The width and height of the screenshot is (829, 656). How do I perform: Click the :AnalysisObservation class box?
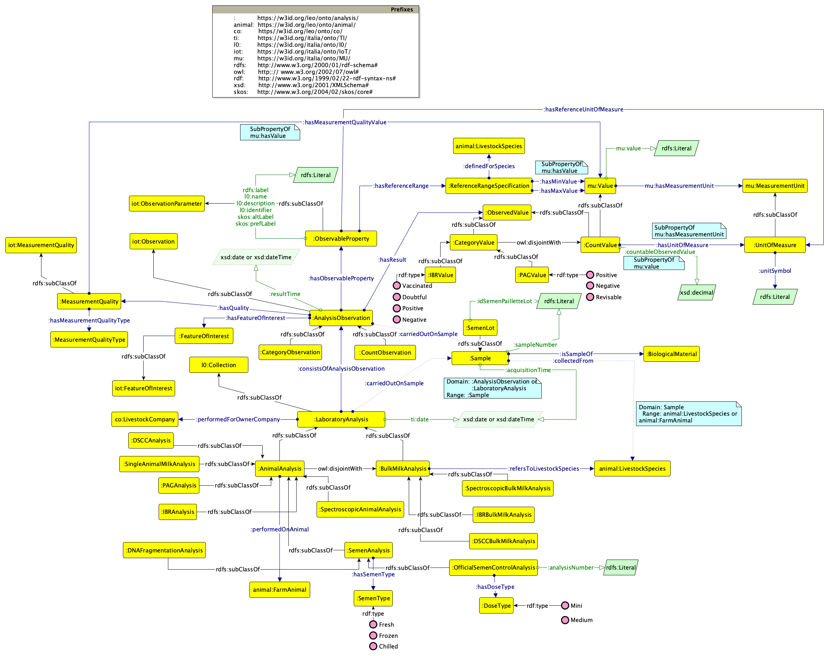341,317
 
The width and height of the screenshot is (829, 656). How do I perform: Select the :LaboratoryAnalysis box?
341,419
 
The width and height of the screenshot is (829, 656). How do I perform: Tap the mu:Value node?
600,186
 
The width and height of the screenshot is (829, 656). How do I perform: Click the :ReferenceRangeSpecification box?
488,186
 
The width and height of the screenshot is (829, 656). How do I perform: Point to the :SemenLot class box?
480,327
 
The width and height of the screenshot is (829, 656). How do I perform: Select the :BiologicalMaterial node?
671,354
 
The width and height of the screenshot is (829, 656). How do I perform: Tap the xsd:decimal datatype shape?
696,292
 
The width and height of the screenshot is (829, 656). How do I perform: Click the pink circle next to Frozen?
373,635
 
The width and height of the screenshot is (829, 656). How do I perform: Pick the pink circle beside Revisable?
590,297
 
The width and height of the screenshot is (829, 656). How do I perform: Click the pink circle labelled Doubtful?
397,297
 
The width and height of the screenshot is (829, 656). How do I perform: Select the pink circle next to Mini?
565,605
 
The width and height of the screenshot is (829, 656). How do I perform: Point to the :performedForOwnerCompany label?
238,419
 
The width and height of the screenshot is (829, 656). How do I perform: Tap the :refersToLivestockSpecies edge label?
543,468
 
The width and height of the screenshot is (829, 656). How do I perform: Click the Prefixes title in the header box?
402,10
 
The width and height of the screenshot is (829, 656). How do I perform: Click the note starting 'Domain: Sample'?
688,413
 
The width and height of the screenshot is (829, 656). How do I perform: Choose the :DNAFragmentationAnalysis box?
164,550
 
